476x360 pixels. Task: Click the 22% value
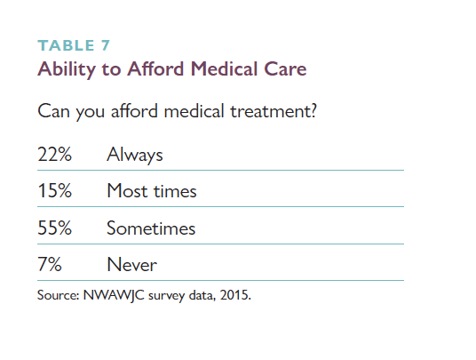pyautogui.click(x=55, y=154)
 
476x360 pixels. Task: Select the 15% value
pyautogui.click(x=55, y=191)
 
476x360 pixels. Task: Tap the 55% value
pyautogui.click(x=55, y=228)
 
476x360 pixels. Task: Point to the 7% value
pyautogui.click(x=50, y=264)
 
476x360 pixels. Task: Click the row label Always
pyautogui.click(x=135, y=156)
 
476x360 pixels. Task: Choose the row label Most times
pyautogui.click(x=152, y=191)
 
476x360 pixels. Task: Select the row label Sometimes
pyautogui.click(x=151, y=228)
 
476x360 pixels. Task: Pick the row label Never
pyautogui.click(x=132, y=265)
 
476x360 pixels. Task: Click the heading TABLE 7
pyautogui.click(x=74, y=45)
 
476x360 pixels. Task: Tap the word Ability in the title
pyautogui.click(x=67, y=69)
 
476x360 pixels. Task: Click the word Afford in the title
pyautogui.click(x=155, y=68)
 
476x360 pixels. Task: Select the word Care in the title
pyautogui.click(x=285, y=68)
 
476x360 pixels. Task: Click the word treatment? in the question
pyautogui.click(x=274, y=111)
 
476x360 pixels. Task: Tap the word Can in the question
pyautogui.click(x=54, y=111)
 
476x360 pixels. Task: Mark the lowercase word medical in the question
pyautogui.click(x=194, y=110)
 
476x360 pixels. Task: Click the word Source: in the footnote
pyautogui.click(x=59, y=295)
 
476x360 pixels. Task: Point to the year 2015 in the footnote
pyautogui.click(x=234, y=295)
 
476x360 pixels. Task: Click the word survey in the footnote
pyautogui.click(x=166, y=296)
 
